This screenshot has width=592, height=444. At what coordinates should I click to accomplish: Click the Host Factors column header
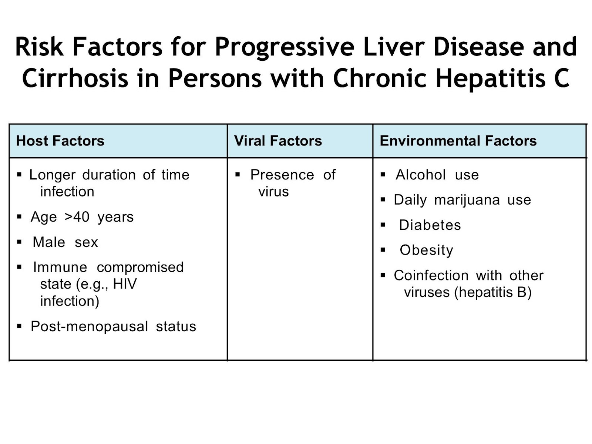60,141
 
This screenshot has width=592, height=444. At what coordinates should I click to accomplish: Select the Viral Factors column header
278,141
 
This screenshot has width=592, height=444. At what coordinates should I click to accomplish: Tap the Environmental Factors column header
458,141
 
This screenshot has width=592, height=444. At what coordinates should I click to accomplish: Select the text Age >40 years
82,217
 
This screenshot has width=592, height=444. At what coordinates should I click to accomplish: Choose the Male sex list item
65,242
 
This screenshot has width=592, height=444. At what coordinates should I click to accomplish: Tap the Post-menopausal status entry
113,326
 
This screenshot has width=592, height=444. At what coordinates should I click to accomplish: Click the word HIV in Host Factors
125,284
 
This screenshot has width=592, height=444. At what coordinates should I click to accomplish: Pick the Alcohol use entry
437,175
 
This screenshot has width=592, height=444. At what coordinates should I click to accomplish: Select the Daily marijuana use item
462,200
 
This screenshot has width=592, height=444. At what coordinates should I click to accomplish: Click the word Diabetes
430,225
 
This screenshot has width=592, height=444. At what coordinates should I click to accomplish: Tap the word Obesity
426,250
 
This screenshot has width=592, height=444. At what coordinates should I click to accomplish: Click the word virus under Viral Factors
273,192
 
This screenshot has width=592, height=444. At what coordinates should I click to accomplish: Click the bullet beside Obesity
383,250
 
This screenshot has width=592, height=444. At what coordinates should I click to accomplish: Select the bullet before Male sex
20,242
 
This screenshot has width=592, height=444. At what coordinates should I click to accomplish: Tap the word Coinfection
431,275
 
